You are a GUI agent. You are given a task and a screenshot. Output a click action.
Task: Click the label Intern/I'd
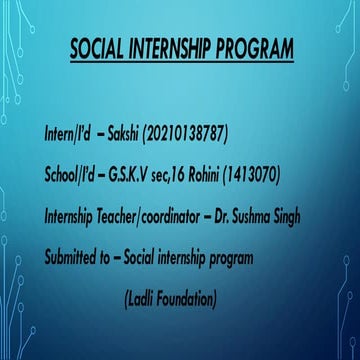(x=67, y=133)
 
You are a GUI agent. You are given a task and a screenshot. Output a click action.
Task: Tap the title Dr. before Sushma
(x=218, y=216)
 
